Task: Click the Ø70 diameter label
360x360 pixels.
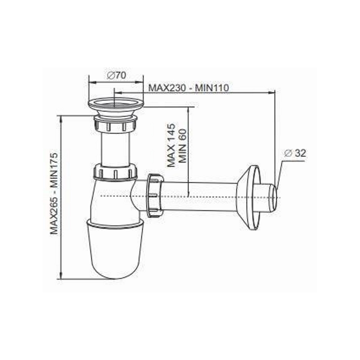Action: click(117, 75)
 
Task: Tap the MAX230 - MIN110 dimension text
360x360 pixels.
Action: click(189, 88)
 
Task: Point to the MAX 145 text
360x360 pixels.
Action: click(171, 145)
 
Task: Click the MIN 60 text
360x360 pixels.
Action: click(183, 145)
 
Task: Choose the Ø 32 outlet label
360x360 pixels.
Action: click(295, 153)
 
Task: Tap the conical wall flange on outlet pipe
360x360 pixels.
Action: click(249, 197)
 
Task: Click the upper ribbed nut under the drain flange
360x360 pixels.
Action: click(116, 124)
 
